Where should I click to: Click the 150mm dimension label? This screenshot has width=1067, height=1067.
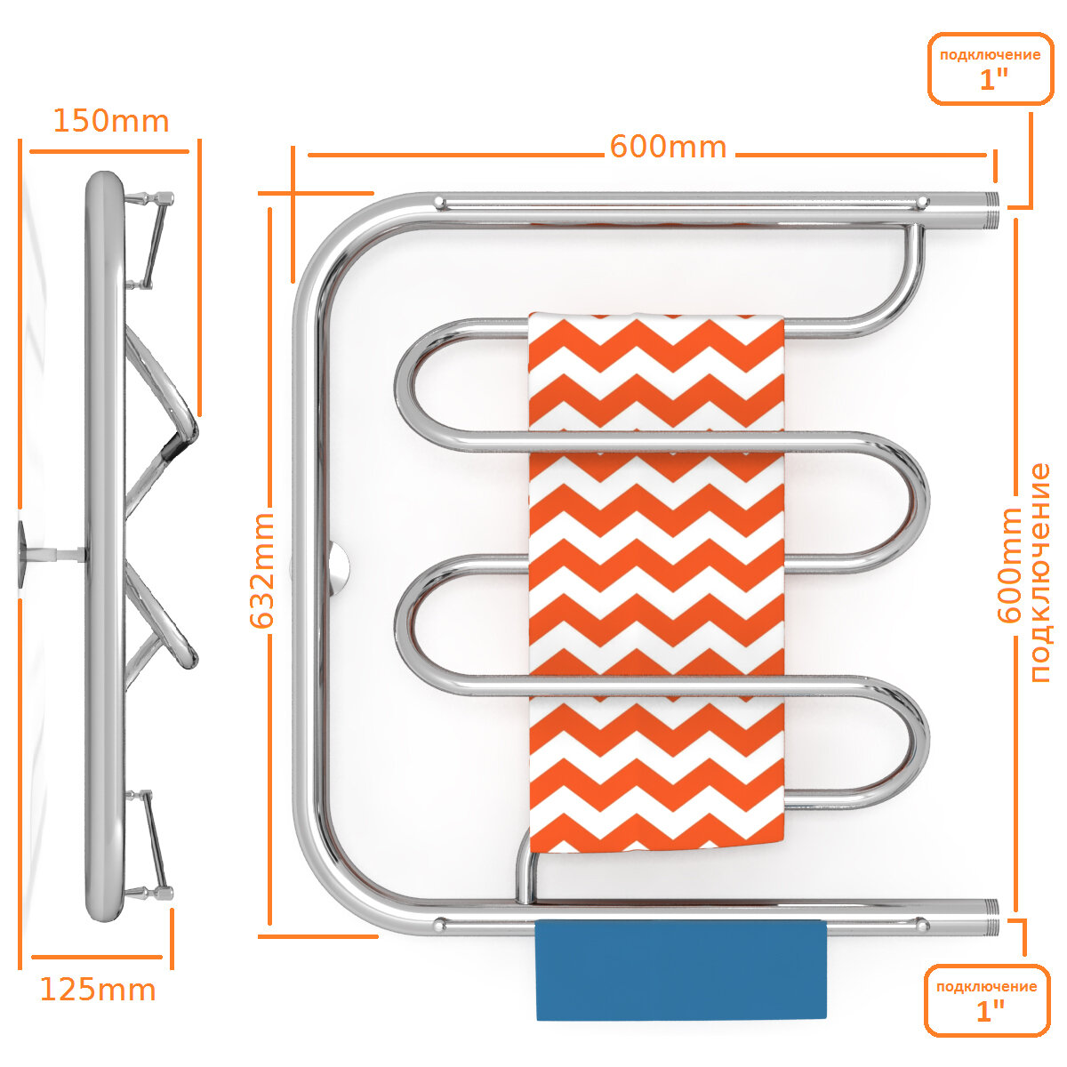pyautogui.click(x=110, y=121)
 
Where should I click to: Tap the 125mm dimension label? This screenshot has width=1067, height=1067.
pyautogui.click(x=98, y=989)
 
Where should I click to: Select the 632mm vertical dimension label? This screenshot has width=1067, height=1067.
pyautogui.click(x=263, y=571)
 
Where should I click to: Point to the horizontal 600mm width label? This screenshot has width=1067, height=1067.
pyautogui.click(x=668, y=147)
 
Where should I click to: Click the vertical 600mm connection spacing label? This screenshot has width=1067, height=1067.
pyautogui.click(x=1011, y=566)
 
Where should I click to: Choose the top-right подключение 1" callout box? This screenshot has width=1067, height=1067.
pyautogui.click(x=990, y=68)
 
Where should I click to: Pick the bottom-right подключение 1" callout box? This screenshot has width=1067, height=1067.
pyautogui.click(x=986, y=1000)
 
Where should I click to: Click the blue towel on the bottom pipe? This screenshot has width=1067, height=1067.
pyautogui.click(x=681, y=970)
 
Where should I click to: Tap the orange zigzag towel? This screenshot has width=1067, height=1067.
pyautogui.click(x=656, y=578)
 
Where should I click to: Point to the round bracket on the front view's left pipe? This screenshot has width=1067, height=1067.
pyautogui.click(x=336, y=567)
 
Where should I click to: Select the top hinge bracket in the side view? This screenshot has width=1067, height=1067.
pyautogui.click(x=151, y=240)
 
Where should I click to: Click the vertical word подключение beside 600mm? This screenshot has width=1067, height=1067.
pyautogui.click(x=1040, y=573)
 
